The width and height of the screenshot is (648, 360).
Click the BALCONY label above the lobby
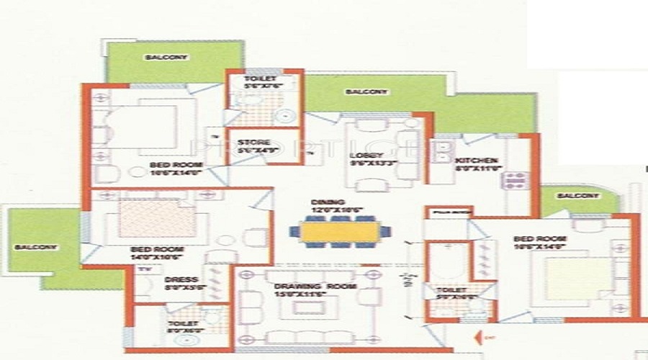(x=366, y=92)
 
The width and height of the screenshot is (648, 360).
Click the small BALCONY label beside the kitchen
(x=578, y=196)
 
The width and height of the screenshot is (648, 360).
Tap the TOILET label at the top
(x=255, y=81)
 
